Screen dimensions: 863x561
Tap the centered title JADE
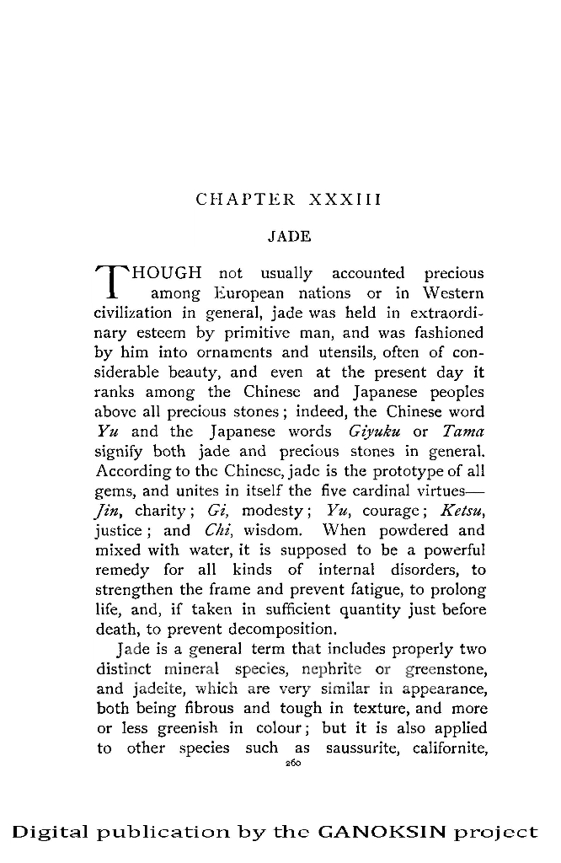[x=289, y=237]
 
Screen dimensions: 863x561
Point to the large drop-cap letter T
[x=113, y=282]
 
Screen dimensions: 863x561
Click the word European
[x=248, y=293]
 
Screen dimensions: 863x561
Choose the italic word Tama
[x=464, y=432]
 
